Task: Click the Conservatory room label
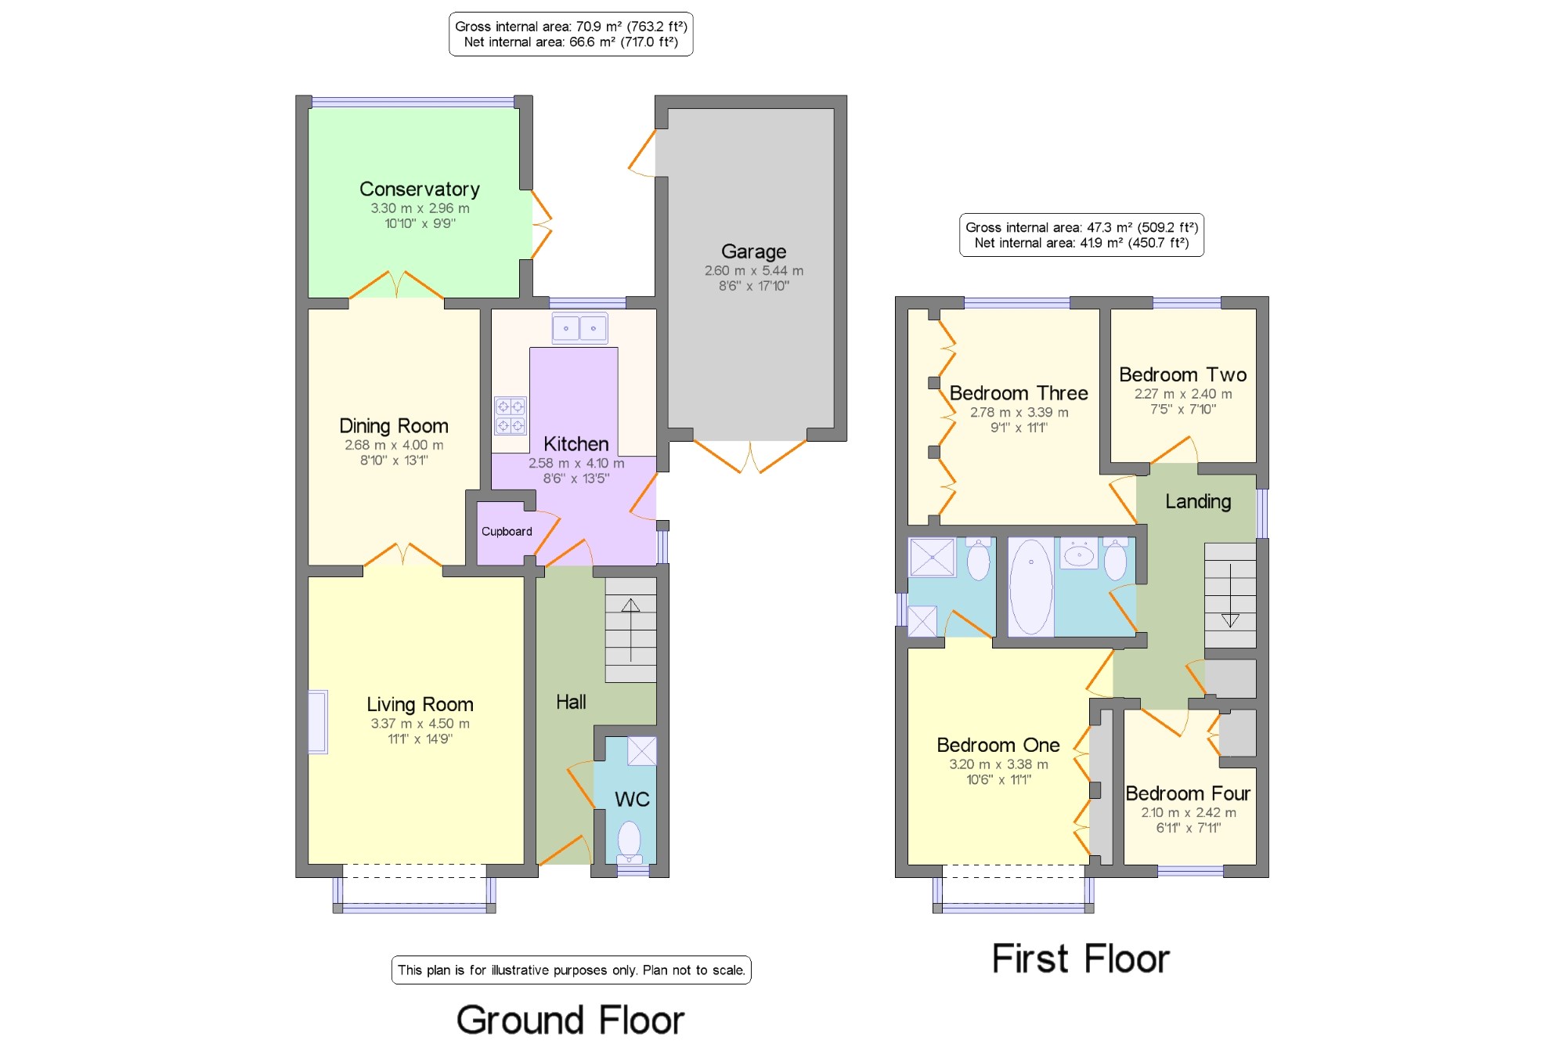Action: point(420,189)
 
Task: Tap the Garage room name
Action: point(753,251)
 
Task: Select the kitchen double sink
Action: point(579,328)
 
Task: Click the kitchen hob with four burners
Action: point(510,416)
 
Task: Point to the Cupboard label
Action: point(507,531)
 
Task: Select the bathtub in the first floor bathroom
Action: point(1031,587)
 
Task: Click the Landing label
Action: point(1198,501)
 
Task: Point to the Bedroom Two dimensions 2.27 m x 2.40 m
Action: point(1183,394)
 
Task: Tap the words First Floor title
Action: point(1081,959)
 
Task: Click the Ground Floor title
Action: point(571,1020)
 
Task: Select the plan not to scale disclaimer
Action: point(571,970)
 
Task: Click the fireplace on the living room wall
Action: point(318,721)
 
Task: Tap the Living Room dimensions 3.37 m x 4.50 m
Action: point(420,724)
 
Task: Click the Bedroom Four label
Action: point(1188,793)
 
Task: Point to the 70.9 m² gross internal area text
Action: point(571,27)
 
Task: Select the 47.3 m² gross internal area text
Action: point(1081,227)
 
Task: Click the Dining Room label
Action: point(394,426)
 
